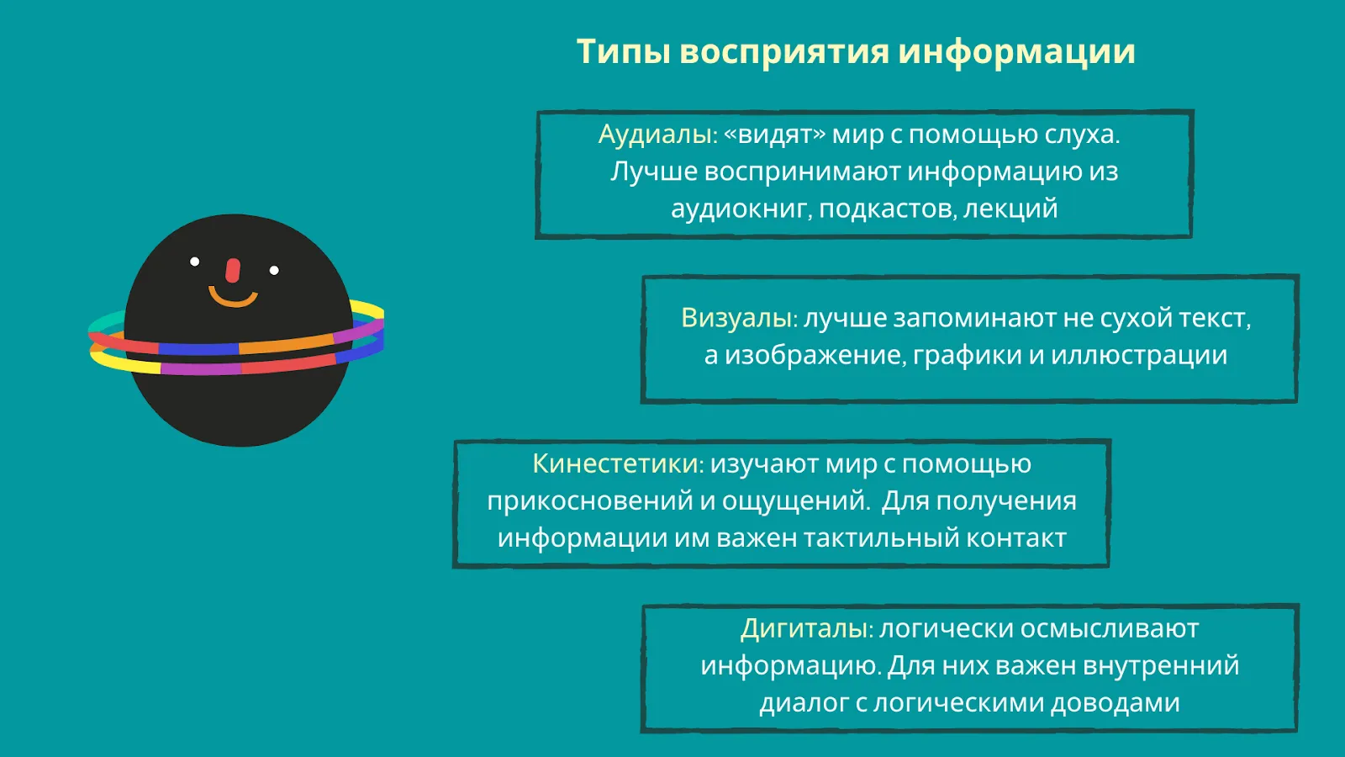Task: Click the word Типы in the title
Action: (624, 51)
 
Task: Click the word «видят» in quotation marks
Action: (775, 135)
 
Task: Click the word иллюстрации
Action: (1139, 355)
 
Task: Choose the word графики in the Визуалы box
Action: (968, 355)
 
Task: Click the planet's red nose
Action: (232, 271)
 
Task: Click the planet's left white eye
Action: (194, 262)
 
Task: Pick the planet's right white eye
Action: (274, 270)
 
